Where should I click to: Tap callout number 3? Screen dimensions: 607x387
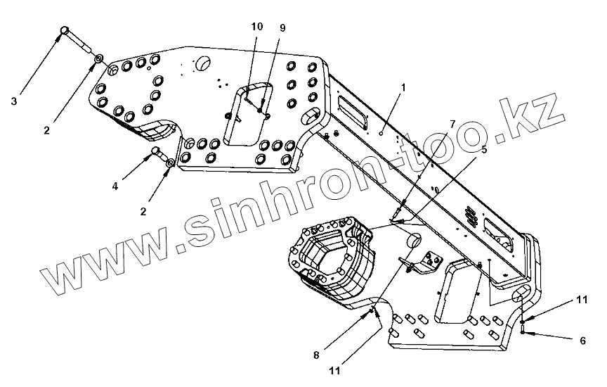point(13,101)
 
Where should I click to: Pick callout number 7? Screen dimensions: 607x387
point(452,124)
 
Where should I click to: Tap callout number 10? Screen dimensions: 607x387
point(256,27)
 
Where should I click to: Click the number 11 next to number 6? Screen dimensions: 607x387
point(581,300)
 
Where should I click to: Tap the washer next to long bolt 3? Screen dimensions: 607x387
point(100,56)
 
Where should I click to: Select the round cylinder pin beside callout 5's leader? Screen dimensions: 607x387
point(412,241)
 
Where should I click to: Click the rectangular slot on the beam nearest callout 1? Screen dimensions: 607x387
point(351,106)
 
